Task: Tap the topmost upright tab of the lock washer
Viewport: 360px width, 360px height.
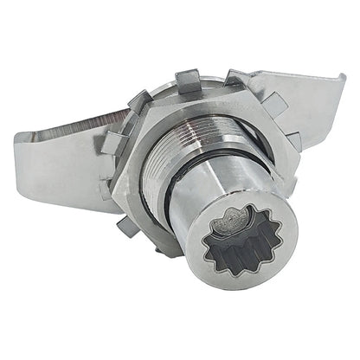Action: point(190,81)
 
